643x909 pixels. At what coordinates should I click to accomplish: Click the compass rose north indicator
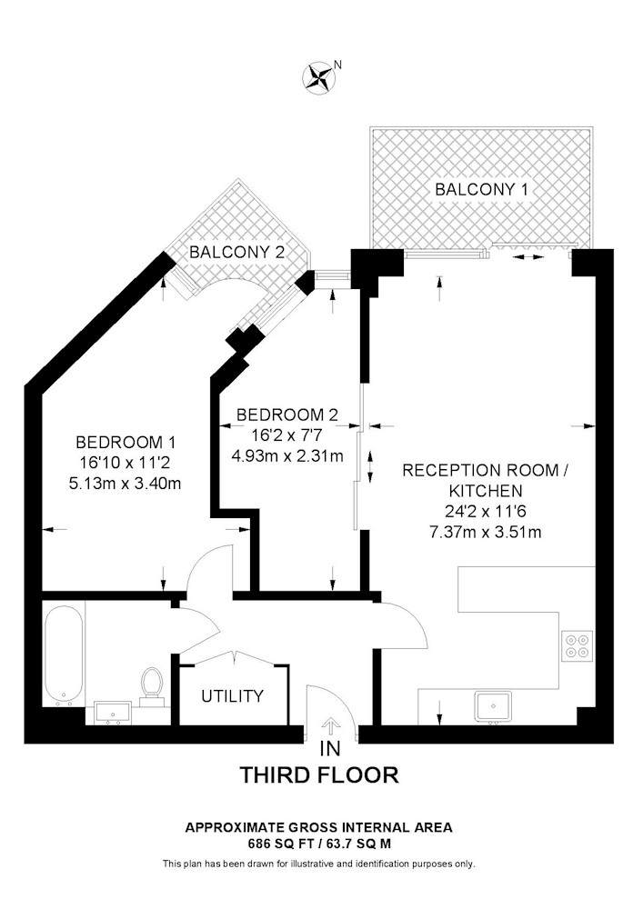point(317,77)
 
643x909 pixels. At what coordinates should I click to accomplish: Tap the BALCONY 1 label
point(482,189)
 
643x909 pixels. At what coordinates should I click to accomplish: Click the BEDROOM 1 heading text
point(126,443)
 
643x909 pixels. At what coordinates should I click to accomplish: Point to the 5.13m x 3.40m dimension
point(126,483)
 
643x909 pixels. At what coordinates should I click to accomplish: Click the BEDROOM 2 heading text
point(287,415)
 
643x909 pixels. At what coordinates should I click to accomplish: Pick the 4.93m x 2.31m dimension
point(287,455)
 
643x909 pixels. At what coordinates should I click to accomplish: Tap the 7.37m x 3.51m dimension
point(486,532)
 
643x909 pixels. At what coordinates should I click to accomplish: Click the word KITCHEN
point(486,491)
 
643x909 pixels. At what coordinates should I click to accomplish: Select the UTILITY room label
point(233,695)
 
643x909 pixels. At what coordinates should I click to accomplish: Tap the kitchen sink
point(494,707)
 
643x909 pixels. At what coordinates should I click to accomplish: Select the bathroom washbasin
point(113,713)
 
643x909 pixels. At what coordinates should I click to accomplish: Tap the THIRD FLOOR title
point(320,775)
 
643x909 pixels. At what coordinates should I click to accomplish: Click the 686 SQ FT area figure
point(275,844)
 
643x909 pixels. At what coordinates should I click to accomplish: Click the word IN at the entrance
point(330,749)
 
